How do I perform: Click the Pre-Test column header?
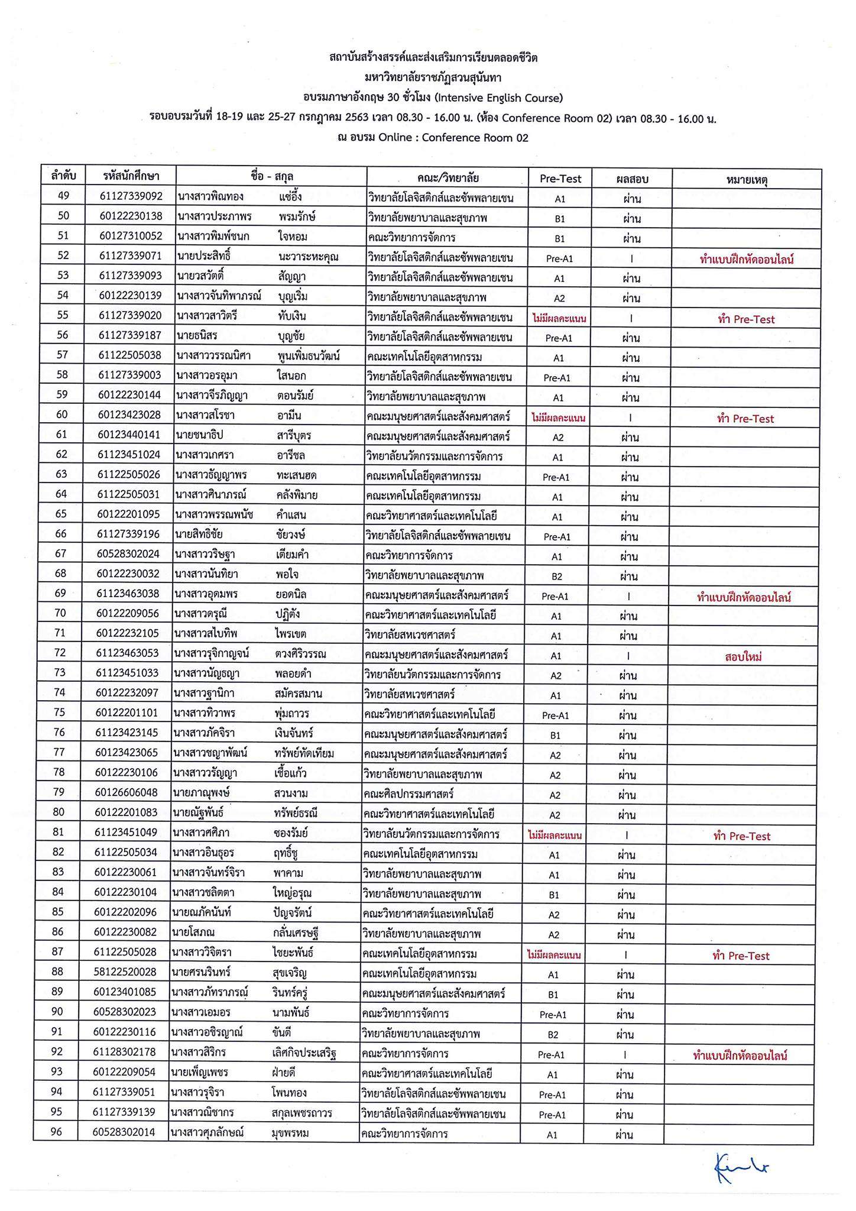point(560,179)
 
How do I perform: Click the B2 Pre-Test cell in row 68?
point(557,576)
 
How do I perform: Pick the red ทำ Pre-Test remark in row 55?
point(745,319)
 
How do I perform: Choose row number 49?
point(63,196)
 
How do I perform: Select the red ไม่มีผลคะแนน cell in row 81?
point(555,836)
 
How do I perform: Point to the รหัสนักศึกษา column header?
point(131,176)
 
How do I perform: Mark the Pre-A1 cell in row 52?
point(559,258)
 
